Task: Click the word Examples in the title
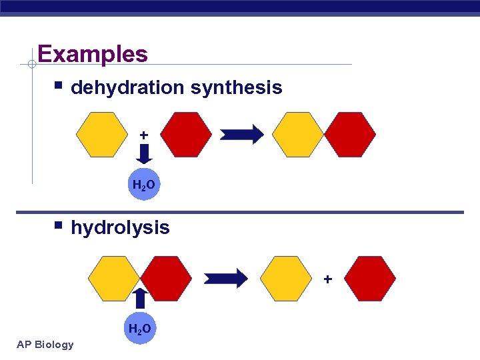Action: [93, 53]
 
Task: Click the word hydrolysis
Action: [120, 227]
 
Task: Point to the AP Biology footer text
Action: [45, 344]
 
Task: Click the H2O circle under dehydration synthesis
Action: [144, 185]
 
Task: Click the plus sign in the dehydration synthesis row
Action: [143, 135]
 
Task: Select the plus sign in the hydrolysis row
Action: [327, 279]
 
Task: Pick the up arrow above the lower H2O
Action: [140, 299]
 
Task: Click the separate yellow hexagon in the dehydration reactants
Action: [101, 134]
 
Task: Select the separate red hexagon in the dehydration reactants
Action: [186, 134]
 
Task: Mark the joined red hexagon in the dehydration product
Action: [350, 134]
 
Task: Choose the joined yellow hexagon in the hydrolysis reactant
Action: [114, 279]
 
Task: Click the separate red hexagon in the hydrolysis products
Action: [370, 279]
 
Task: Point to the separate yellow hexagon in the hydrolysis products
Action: [285, 279]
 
